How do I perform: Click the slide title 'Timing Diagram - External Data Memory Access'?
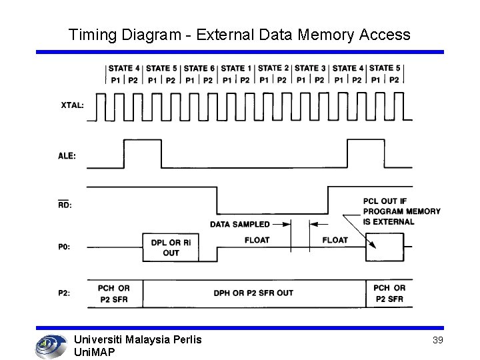tap(239, 34)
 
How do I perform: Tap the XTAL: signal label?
tap(73, 105)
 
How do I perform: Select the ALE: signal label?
tap(67, 156)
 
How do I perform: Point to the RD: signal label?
tap(65, 205)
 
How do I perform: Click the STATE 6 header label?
tap(199, 68)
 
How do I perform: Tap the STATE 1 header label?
tap(237, 68)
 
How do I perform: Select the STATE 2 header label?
tap(273, 68)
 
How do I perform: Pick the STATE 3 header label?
tap(310, 68)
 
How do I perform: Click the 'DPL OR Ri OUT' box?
tap(171, 247)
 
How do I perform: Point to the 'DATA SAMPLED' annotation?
tap(240, 224)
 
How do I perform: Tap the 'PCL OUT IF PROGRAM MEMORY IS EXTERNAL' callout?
tap(401, 211)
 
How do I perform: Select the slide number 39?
tap(438, 340)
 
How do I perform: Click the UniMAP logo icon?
tap(50, 345)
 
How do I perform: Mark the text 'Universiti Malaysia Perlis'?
tap(137, 339)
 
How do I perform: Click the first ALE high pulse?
tap(133, 153)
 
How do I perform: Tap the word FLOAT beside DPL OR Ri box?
tap(257, 240)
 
